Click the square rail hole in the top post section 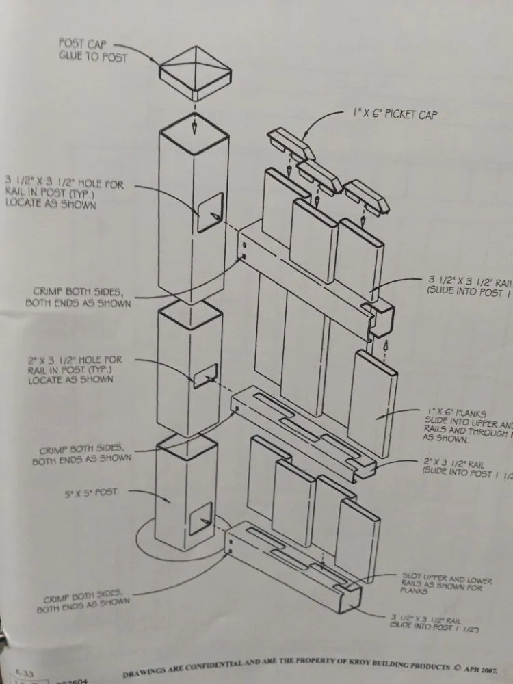point(209,212)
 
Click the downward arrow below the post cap point(195,126)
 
